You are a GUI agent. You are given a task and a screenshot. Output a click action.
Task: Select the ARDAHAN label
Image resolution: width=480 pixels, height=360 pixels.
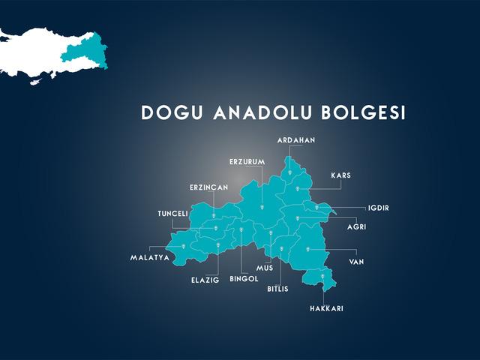point(296,140)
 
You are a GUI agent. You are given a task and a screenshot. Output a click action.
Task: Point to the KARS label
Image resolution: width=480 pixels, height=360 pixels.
point(340,175)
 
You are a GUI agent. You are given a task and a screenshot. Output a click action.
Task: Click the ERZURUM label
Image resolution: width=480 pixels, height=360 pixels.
point(247,162)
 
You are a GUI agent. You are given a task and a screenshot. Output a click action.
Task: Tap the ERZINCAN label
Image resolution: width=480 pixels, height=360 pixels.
point(208,187)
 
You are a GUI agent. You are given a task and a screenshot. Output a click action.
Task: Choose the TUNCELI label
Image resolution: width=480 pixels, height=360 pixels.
point(172,214)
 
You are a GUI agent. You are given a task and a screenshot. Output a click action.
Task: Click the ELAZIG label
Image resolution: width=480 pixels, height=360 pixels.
point(205,280)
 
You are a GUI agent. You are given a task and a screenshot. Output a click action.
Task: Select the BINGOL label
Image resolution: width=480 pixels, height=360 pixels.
point(244,278)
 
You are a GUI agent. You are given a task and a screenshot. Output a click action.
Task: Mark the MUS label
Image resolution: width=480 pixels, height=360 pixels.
point(265,268)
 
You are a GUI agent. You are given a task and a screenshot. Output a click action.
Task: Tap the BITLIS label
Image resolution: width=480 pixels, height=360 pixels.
point(277,289)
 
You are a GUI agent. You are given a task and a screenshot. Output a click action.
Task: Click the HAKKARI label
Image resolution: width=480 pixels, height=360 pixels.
point(326,308)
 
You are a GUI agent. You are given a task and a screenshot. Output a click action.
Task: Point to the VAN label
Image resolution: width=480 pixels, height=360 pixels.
point(356,262)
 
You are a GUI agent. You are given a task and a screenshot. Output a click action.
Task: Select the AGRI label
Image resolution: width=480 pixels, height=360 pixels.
point(356,226)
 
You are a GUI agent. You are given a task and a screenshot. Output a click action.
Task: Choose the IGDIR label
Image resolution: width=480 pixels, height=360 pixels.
point(379,208)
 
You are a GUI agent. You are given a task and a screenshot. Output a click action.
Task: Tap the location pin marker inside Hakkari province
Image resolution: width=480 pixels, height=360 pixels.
point(323,277)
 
